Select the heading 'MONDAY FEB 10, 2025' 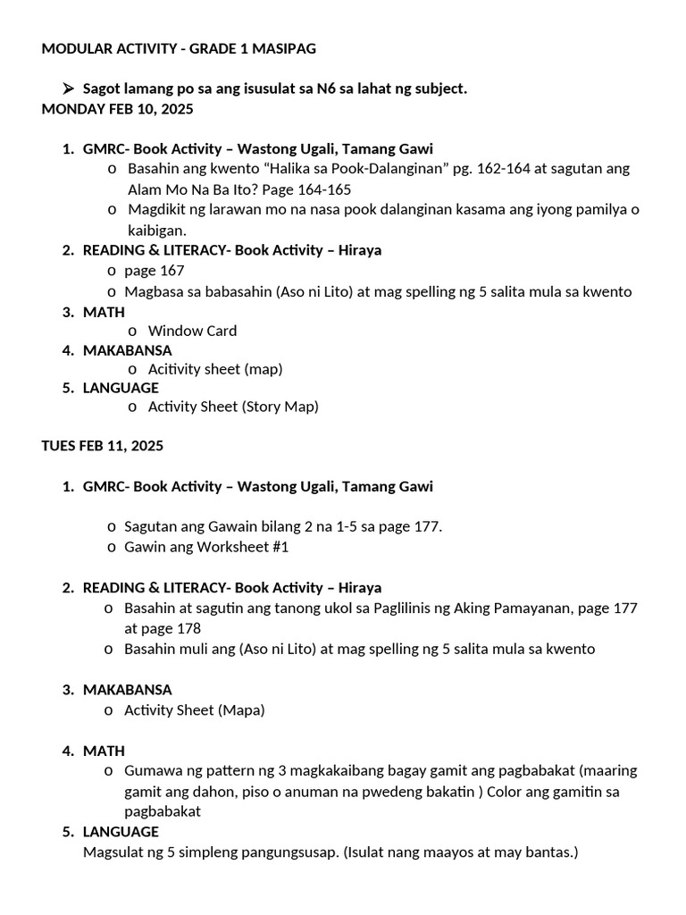coord(117,109)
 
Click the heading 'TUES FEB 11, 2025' coord(103,445)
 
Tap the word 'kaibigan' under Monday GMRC coord(155,230)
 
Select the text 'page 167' coord(155,271)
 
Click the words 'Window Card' coord(192,331)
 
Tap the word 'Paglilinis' coord(392,609)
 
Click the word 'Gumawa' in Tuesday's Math coord(151,770)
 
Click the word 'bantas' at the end coord(550,852)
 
